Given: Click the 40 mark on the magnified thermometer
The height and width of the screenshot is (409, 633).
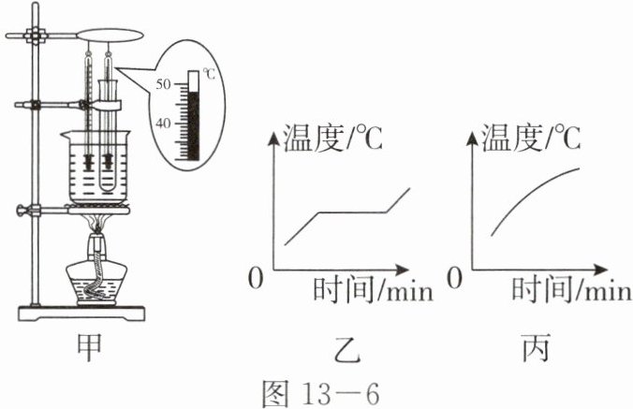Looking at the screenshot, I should (163, 124).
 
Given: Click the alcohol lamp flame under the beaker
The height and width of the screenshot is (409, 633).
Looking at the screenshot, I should (96, 226).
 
